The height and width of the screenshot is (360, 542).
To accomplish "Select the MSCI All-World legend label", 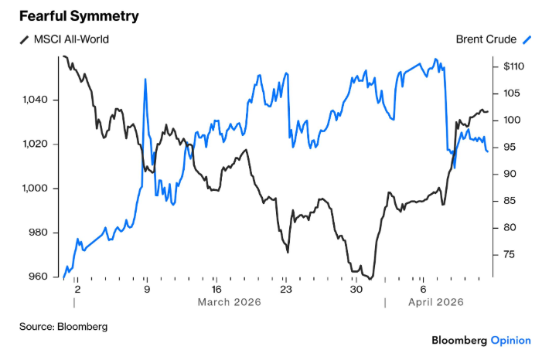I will [x=76, y=39].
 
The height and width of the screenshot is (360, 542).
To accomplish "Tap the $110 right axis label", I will [x=514, y=67].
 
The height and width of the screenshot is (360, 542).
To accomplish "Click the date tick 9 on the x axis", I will [x=146, y=289].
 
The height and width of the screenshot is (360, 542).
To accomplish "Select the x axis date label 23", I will [x=285, y=289].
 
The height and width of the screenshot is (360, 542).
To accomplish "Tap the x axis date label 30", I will [x=356, y=289].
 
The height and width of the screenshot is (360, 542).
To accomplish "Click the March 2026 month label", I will [x=229, y=302].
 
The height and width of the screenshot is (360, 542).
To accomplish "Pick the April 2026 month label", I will [x=436, y=302].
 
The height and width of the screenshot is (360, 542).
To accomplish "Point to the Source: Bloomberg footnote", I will [x=63, y=327].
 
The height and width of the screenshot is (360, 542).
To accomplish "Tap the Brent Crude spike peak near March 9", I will [x=145, y=79].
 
